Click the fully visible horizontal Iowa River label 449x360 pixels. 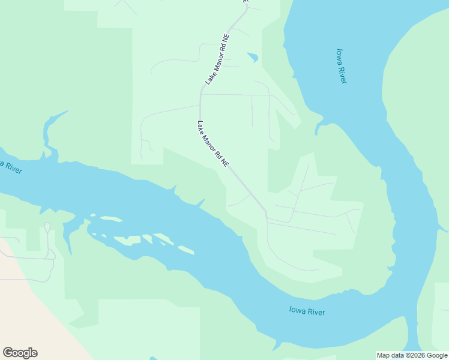point(307,311)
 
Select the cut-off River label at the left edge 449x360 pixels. point(10,166)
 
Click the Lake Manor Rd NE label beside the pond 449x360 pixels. point(217,58)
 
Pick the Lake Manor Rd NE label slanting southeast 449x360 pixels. point(213,144)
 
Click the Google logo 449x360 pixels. point(20,353)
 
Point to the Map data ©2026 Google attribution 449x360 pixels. point(412,355)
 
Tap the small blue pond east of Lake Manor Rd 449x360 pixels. point(253,58)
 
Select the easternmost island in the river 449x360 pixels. point(185,250)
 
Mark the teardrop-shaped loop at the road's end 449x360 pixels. point(47,228)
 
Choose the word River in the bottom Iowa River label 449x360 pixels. point(315,312)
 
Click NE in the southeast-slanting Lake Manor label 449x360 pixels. point(224,162)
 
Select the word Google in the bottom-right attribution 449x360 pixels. point(437,355)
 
